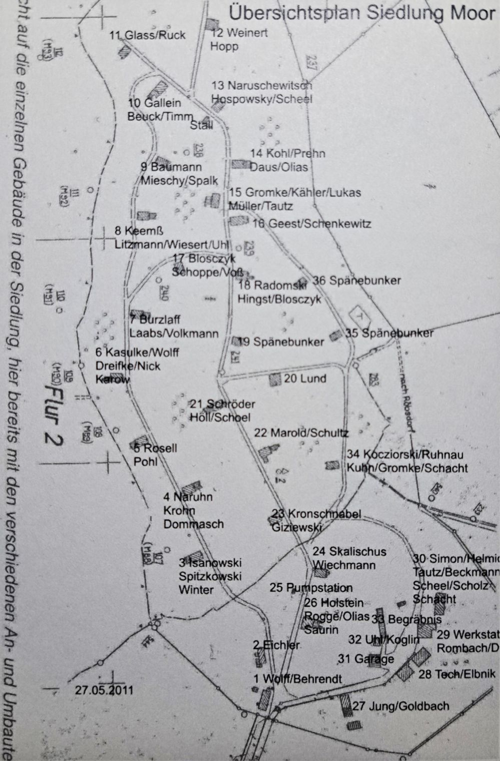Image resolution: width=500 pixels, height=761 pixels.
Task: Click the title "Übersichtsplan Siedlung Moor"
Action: click(x=361, y=13)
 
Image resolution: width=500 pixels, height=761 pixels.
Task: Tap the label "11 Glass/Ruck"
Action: click(x=147, y=35)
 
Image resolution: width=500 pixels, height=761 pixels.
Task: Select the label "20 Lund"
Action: click(x=305, y=378)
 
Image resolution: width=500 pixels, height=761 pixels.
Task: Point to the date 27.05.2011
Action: click(x=105, y=690)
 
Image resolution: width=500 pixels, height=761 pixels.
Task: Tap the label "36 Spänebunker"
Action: click(x=357, y=280)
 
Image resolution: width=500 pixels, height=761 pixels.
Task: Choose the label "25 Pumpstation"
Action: click(x=311, y=588)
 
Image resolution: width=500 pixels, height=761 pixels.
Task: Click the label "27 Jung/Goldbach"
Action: click(x=401, y=706)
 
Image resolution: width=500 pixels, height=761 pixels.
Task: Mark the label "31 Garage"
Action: click(x=366, y=659)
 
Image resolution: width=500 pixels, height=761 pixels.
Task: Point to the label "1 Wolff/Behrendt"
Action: click(x=297, y=679)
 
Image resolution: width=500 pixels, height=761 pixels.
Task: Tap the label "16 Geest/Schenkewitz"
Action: click(x=312, y=223)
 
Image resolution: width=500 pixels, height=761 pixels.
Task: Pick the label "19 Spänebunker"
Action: click(x=281, y=342)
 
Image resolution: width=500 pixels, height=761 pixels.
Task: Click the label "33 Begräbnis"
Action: click(x=407, y=619)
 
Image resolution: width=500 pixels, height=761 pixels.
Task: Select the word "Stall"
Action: click(x=202, y=125)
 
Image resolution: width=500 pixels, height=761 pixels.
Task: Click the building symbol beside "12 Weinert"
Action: click(x=213, y=24)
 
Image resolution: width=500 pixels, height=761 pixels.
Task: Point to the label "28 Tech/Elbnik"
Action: click(x=457, y=674)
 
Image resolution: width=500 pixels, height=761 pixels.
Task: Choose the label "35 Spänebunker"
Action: click(x=389, y=332)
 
